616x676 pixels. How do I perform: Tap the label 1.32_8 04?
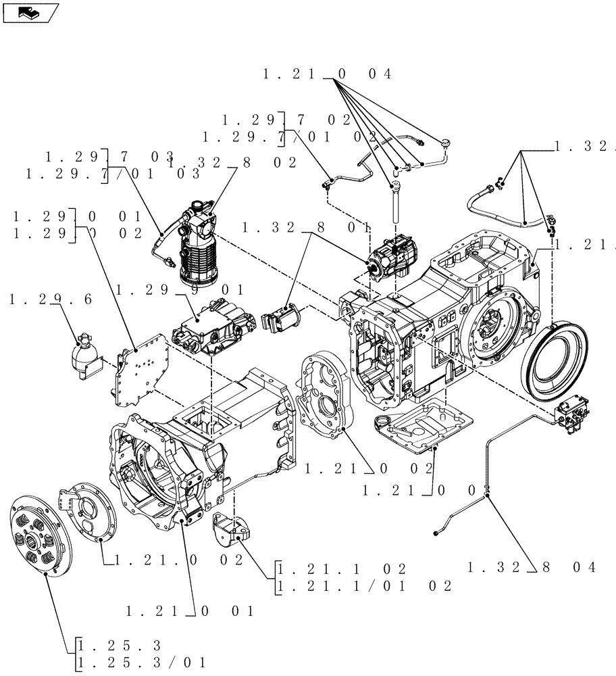(x=532, y=567)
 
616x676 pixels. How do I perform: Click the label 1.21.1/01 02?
(x=365, y=586)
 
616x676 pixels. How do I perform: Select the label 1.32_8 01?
(x=305, y=228)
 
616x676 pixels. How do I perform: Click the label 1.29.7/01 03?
(x=113, y=174)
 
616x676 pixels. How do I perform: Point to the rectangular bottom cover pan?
(x=419, y=427)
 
